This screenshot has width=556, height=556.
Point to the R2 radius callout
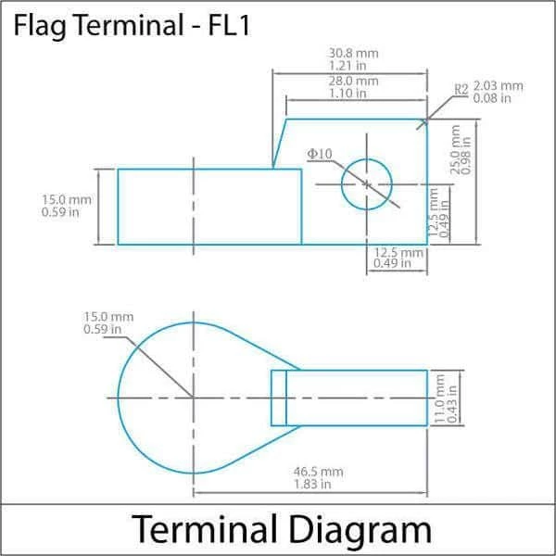pos(461,90)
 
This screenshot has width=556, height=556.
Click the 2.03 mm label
pos(498,86)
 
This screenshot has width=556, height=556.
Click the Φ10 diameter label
pos(320,153)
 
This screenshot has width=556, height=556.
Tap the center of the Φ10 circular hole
pos(367,184)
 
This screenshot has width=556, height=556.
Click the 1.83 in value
pos(312,484)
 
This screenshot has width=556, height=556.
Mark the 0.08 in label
pos(492,98)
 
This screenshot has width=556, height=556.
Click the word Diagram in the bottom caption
pos(359,530)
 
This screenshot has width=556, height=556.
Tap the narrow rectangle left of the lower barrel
pos(278,398)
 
